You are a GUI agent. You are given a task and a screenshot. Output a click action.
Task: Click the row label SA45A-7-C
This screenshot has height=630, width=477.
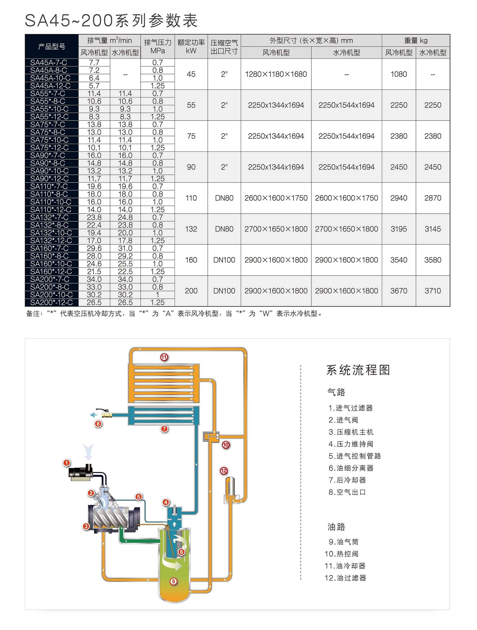(x=48, y=62)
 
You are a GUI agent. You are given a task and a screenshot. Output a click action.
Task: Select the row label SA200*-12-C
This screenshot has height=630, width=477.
(x=51, y=302)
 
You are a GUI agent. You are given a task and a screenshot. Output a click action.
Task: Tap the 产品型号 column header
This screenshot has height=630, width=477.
(x=52, y=47)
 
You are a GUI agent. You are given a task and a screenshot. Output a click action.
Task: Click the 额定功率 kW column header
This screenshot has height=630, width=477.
(x=191, y=47)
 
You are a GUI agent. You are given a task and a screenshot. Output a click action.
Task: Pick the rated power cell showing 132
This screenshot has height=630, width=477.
(x=191, y=229)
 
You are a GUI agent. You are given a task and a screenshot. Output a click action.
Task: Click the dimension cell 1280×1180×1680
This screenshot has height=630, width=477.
(x=276, y=74)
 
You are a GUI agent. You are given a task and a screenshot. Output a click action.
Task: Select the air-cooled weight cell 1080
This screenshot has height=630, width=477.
(x=399, y=74)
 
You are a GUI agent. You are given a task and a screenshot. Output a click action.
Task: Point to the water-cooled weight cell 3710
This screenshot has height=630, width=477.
(x=433, y=291)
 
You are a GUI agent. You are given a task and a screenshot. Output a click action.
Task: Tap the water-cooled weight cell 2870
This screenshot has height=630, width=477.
(x=433, y=198)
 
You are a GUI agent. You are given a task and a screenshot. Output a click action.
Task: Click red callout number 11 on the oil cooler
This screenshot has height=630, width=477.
(x=164, y=357)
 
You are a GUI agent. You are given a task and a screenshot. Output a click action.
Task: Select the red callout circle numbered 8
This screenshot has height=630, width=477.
(x=98, y=424)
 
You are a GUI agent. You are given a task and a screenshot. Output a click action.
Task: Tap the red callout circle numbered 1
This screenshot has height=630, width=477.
(x=67, y=463)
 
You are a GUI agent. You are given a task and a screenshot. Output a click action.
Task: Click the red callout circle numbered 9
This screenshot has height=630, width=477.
(x=173, y=581)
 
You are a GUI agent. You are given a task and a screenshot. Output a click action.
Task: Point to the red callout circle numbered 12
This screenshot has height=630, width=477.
(x=224, y=471)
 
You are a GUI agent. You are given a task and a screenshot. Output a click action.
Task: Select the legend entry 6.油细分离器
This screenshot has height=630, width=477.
(x=351, y=468)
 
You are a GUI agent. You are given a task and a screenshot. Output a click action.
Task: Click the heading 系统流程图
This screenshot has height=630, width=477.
(x=358, y=370)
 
